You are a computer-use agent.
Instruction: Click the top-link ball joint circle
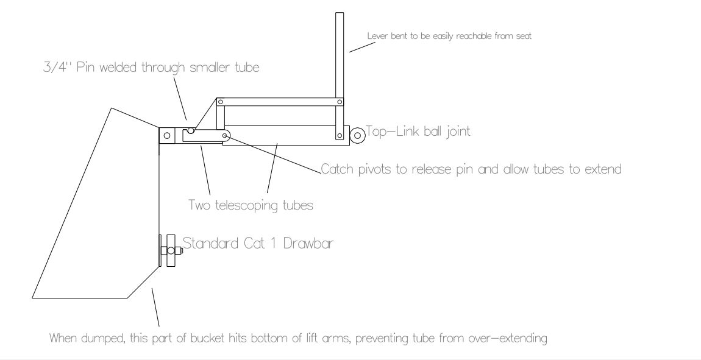point(357,135)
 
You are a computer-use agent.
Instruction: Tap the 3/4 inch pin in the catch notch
point(191,130)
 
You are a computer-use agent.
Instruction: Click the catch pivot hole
point(225,135)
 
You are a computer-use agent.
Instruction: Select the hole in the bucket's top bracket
point(167,135)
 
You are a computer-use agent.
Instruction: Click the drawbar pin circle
point(170,251)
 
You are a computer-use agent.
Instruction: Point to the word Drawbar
point(308,244)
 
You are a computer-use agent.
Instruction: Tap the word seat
point(524,36)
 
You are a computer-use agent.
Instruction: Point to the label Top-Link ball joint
point(418,132)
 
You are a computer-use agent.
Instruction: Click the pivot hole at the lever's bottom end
point(340,135)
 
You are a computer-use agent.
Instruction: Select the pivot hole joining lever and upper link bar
point(340,102)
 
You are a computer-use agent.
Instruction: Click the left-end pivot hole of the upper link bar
point(221,102)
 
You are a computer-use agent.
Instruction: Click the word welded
point(118,67)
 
